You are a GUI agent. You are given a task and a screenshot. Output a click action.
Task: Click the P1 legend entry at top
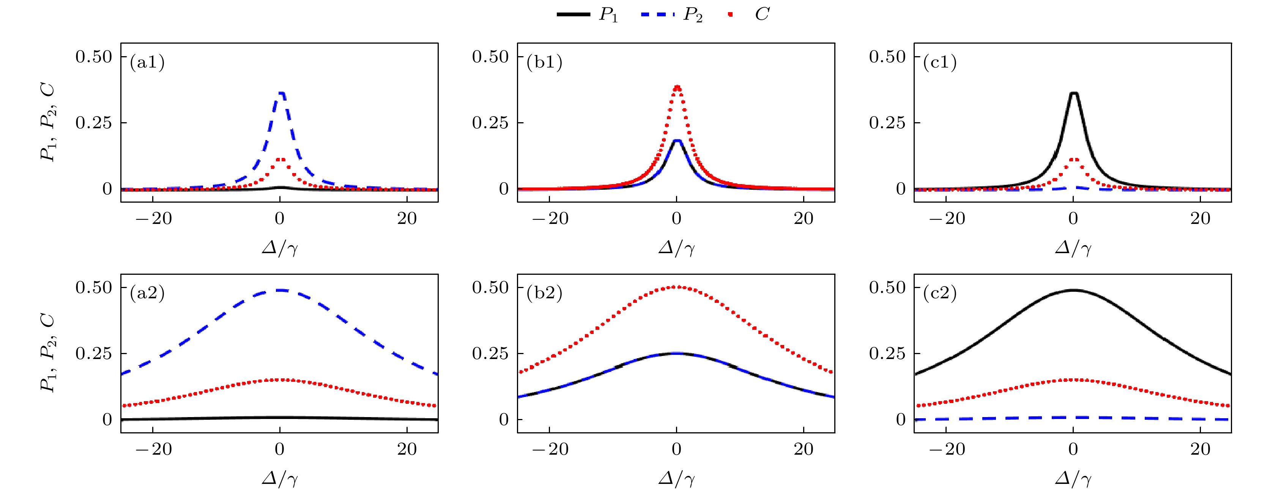pos(587,15)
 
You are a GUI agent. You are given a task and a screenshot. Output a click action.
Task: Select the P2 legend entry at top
pos(672,15)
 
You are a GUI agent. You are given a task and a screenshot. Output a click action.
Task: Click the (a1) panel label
pos(147,62)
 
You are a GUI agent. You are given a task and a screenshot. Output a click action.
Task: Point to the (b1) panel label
pos(544,62)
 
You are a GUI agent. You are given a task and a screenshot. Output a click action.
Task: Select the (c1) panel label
pos(940,62)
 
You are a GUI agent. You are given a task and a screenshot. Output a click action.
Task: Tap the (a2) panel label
pos(147,293)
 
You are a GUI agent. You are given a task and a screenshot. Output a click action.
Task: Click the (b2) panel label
pos(544,293)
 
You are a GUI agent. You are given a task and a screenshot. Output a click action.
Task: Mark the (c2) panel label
pos(940,293)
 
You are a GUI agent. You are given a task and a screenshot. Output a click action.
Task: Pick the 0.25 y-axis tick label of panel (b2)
pos(490,353)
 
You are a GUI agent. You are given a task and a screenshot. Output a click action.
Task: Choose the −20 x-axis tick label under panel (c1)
pos(947,218)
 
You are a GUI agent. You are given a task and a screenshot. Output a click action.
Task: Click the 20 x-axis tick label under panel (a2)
pos(407,449)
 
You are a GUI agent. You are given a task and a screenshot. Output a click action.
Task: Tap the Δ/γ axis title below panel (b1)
pos(676,247)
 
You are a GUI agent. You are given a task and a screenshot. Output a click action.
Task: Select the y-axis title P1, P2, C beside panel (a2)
pos(48,353)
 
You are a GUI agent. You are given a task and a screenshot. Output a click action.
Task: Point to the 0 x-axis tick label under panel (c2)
pos(1073,449)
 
